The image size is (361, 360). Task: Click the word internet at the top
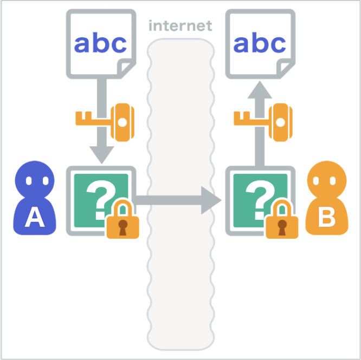click(180, 25)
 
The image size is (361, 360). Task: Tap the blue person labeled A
click(34, 200)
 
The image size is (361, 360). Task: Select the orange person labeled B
click(326, 200)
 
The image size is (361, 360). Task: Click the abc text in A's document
click(100, 44)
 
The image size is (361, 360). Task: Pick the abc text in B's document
click(260, 44)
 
